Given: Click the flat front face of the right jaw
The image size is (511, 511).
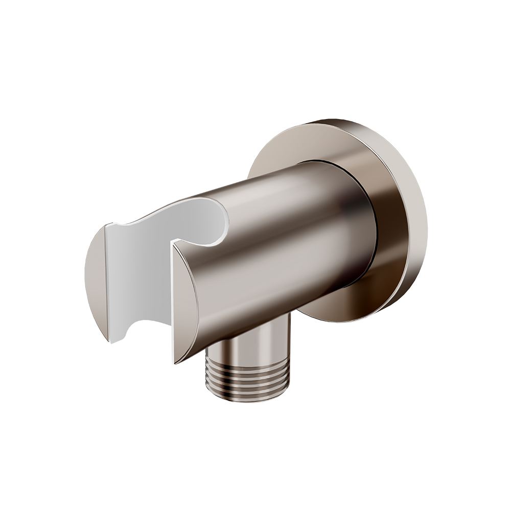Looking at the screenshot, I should point(185,301).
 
